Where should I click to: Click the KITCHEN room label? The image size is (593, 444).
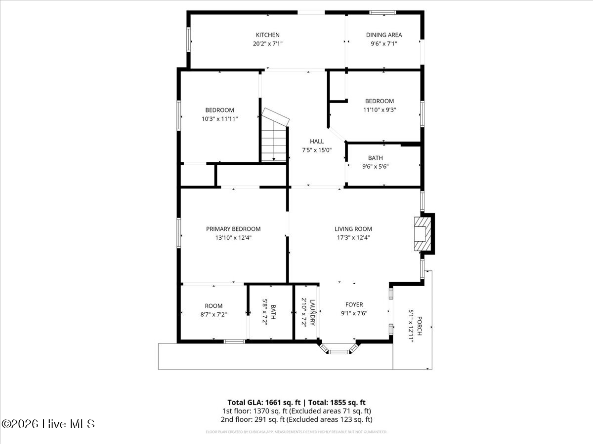(267, 35)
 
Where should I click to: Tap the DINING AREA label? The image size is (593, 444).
(383, 35)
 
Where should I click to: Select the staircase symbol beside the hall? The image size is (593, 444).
(274, 136)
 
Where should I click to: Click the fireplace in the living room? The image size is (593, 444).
(423, 233)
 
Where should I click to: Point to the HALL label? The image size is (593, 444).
(317, 142)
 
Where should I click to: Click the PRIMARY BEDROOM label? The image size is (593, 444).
(233, 229)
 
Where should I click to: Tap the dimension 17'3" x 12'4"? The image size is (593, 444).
(353, 237)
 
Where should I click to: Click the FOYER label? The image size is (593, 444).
(354, 305)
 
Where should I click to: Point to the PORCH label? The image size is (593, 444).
(419, 326)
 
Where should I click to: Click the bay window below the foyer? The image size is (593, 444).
(339, 350)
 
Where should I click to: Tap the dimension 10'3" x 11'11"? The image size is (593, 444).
(219, 118)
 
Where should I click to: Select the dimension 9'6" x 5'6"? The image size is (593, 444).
(375, 166)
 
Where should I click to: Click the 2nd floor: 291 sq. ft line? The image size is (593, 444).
(296, 419)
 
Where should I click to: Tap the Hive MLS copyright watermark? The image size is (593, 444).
(48, 424)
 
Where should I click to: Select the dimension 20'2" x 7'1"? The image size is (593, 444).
(267, 43)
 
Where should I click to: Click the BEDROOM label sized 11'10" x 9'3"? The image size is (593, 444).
(380, 101)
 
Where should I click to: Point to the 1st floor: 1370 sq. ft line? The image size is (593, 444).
(296, 411)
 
